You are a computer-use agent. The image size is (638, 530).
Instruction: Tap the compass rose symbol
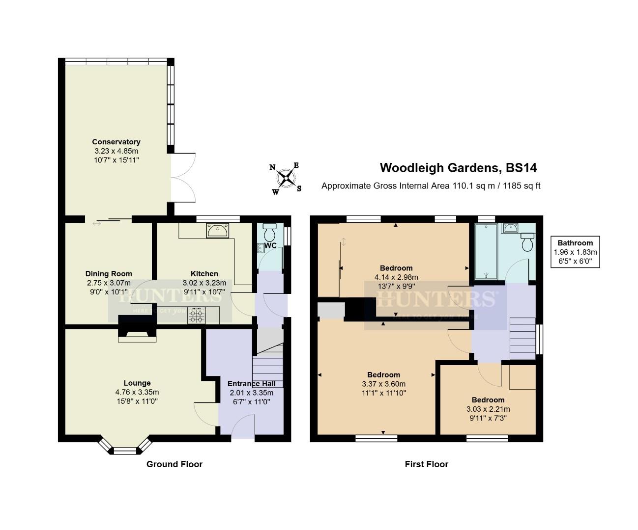286,178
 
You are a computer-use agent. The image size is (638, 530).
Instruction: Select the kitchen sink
217,230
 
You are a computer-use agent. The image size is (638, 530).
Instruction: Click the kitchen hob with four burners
198,315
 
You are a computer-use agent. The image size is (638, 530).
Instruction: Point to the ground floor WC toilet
270,231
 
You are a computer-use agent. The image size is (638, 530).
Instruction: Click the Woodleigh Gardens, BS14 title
458,168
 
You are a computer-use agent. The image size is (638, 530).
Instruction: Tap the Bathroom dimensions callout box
575,252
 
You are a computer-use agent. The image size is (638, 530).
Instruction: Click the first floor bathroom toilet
528,242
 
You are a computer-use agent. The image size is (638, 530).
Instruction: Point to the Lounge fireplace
137,332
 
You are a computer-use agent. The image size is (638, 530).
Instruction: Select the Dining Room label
109,274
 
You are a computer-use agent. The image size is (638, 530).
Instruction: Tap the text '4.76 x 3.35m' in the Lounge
137,392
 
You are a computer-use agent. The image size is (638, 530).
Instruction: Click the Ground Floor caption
174,464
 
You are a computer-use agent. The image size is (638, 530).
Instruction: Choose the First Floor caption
427,464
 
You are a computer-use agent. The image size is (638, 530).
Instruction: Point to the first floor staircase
522,339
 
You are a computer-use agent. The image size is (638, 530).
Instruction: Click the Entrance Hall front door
242,425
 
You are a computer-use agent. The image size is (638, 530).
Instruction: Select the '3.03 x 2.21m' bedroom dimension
488,409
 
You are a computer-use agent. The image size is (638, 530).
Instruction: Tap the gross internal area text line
431,186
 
